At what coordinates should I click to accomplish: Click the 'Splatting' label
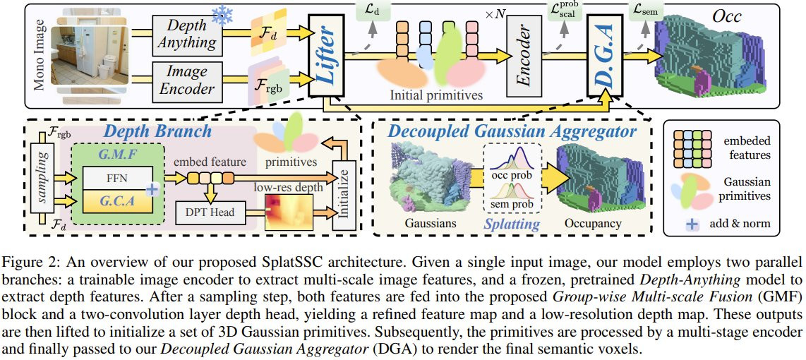(x=511, y=224)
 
